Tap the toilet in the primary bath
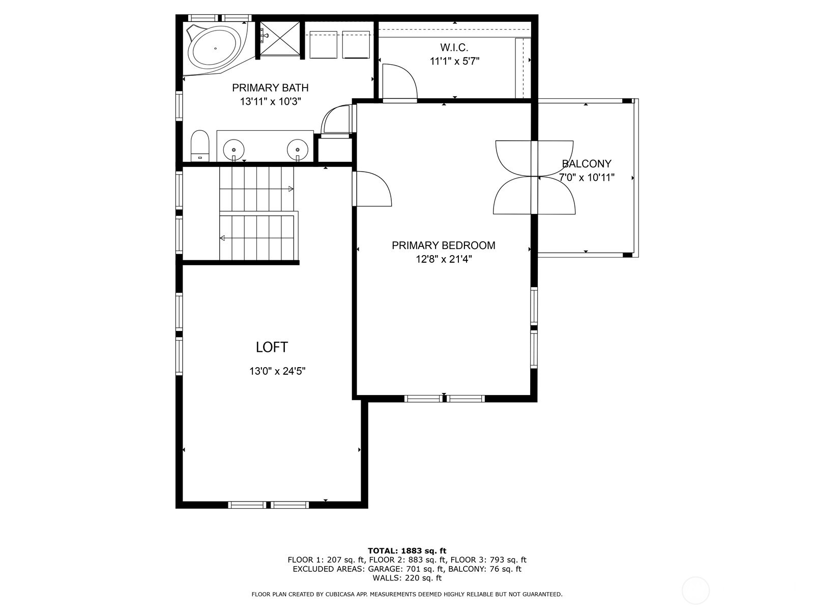click(x=200, y=146)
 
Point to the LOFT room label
click(x=272, y=347)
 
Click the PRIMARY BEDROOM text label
click(x=443, y=245)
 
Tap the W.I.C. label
click(x=454, y=48)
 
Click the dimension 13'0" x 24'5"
click(x=277, y=371)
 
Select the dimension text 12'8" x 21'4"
click(x=443, y=259)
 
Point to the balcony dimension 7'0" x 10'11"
click(x=587, y=178)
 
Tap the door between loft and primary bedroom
click(x=371, y=189)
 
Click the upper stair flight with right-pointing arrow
click(x=257, y=188)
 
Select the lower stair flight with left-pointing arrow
click(x=257, y=237)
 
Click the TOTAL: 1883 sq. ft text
click(x=406, y=550)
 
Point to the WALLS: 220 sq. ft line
click(x=406, y=578)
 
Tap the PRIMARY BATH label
click(x=270, y=88)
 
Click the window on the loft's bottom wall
click(x=268, y=505)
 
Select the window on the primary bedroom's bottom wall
click(x=444, y=398)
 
